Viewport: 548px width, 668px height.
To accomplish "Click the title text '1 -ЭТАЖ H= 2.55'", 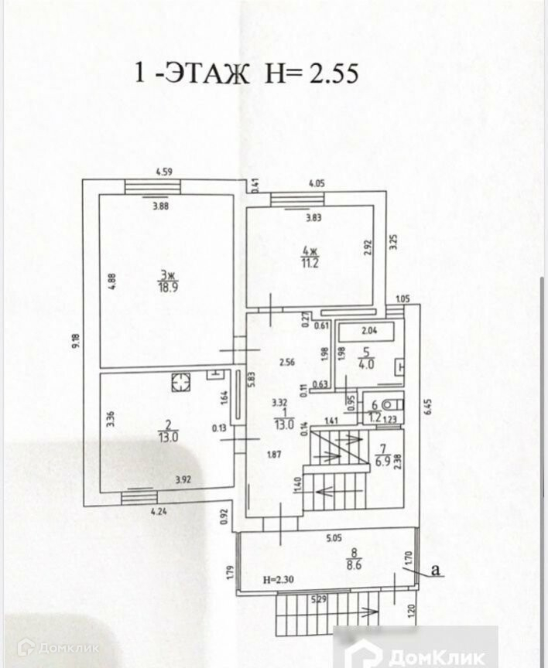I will coord(245,73).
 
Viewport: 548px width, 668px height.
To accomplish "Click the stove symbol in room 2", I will coord(181,381).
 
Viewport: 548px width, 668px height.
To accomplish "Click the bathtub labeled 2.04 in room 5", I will coord(369,333).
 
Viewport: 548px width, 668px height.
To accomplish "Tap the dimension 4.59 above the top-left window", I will coord(162,172).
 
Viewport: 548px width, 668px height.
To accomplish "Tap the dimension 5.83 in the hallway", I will coord(251,380).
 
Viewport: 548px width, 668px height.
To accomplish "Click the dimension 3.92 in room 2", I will coord(183,479).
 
